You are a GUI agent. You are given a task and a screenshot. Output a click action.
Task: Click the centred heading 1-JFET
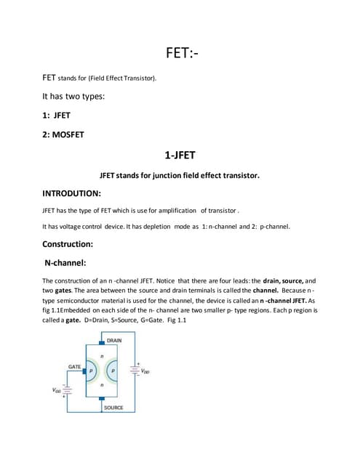[x=179, y=155]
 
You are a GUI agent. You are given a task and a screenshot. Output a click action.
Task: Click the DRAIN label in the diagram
[x=114, y=341]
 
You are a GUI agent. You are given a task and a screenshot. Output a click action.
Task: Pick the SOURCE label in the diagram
[x=113, y=408]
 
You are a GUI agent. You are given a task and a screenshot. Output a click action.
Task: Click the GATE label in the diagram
[x=74, y=367]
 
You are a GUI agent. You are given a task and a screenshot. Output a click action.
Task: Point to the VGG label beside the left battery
[x=57, y=389]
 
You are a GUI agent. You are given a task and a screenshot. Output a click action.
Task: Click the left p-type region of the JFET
[x=91, y=371]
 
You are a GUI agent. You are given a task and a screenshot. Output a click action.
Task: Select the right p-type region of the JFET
[x=113, y=371]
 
